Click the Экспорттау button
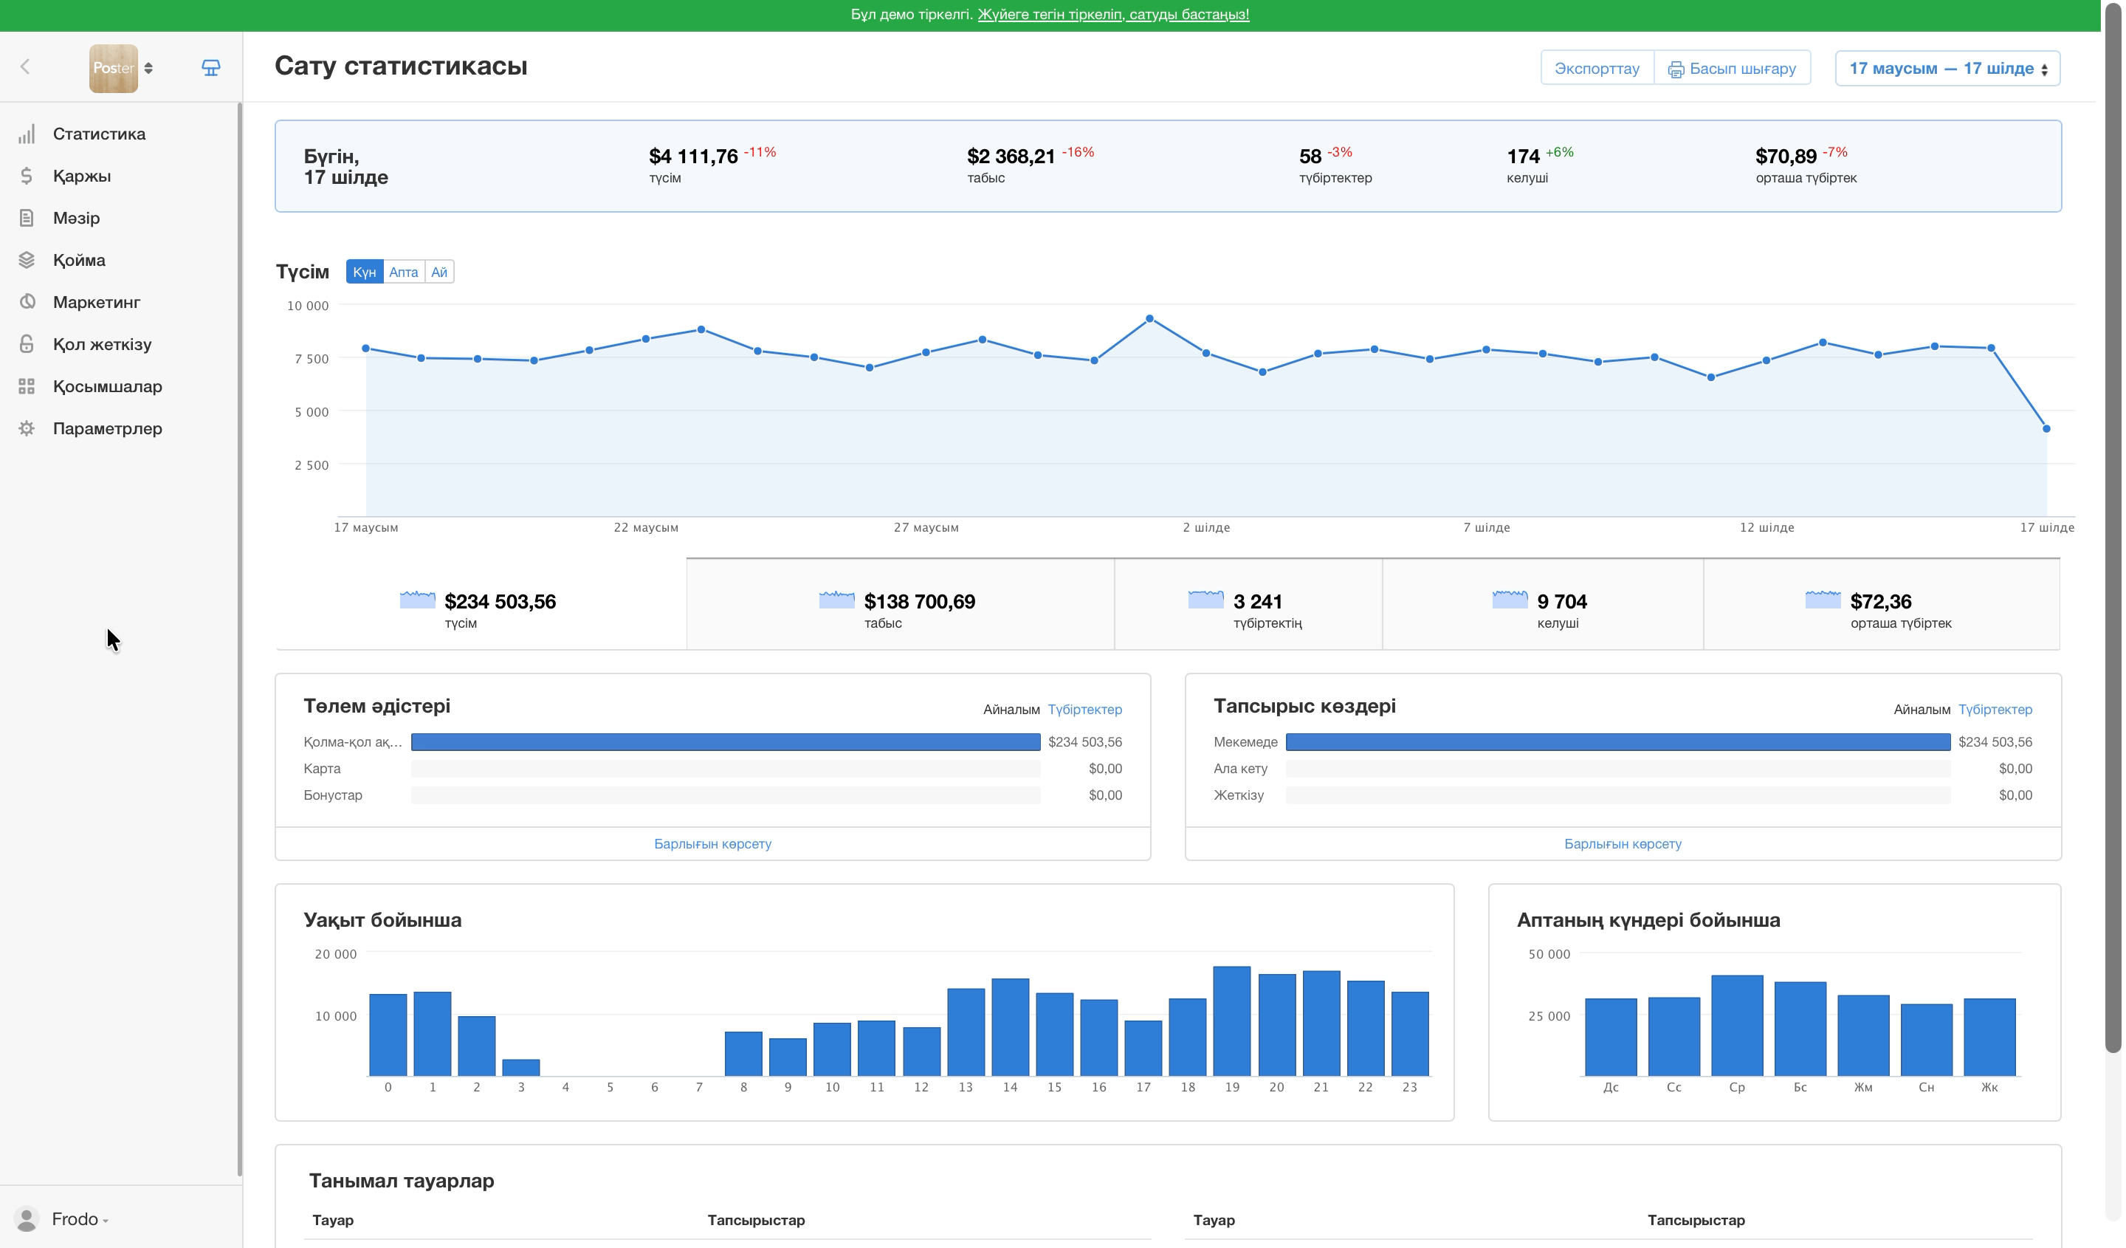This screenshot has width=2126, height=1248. point(1597,69)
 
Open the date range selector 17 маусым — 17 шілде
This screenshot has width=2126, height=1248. point(1947,69)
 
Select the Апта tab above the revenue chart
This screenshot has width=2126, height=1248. point(403,272)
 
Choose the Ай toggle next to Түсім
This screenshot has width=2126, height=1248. point(439,272)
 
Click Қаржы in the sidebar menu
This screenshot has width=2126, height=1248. point(82,176)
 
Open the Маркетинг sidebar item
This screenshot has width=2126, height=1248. point(96,302)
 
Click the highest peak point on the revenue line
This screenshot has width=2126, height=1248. point(1150,319)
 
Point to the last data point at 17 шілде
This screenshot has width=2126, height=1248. point(2046,428)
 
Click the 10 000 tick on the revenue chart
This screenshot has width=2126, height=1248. point(308,306)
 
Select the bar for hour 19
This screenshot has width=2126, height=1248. point(1232,1021)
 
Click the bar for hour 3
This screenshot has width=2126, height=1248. point(520,1067)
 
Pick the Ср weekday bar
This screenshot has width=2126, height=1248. point(1737,1025)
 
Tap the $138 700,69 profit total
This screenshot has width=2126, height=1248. point(920,602)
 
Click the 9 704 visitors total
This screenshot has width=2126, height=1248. point(1561,602)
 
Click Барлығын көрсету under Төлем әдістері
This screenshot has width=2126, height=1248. point(713,844)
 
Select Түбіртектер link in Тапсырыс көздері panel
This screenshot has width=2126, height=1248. point(1995,710)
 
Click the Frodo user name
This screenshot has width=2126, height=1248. point(75,1219)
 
